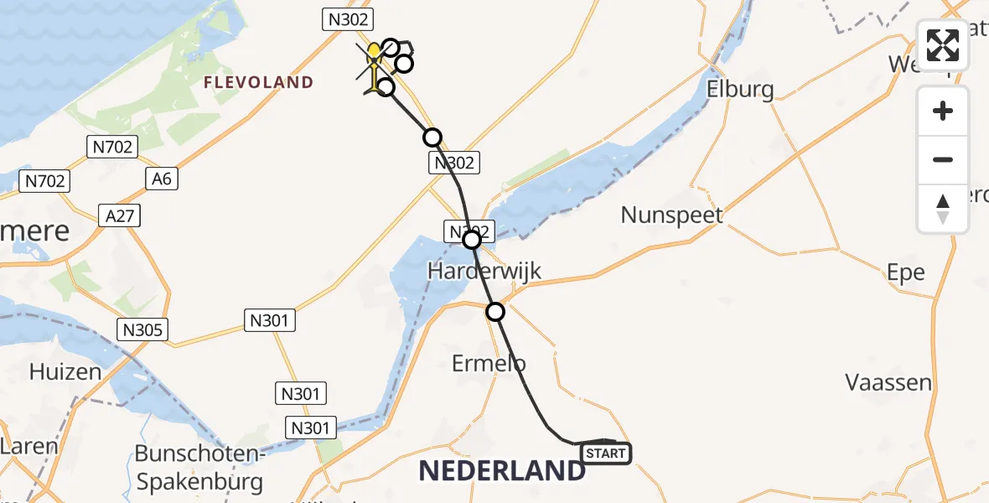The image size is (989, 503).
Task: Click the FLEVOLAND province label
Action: [x=259, y=82]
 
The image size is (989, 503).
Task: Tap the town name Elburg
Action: [x=740, y=89]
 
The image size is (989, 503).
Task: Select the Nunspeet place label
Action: [x=671, y=215]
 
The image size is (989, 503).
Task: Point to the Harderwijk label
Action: [x=484, y=271]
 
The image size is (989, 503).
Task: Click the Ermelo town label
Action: [x=489, y=363]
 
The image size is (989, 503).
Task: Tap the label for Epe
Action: [x=906, y=272]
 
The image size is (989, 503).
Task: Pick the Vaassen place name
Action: [x=888, y=383]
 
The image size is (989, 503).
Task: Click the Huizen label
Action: [x=65, y=371]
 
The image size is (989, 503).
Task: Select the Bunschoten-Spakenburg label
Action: [x=200, y=469]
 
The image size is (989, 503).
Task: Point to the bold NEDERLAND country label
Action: [x=502, y=471]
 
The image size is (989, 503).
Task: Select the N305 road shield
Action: [x=142, y=329]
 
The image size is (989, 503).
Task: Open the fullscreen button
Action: [x=943, y=45]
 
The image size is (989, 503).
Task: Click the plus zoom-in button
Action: [x=943, y=111]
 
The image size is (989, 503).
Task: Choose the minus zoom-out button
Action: [x=943, y=159]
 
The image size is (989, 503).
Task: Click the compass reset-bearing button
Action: [x=943, y=209]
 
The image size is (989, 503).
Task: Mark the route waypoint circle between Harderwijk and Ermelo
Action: [x=495, y=312]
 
